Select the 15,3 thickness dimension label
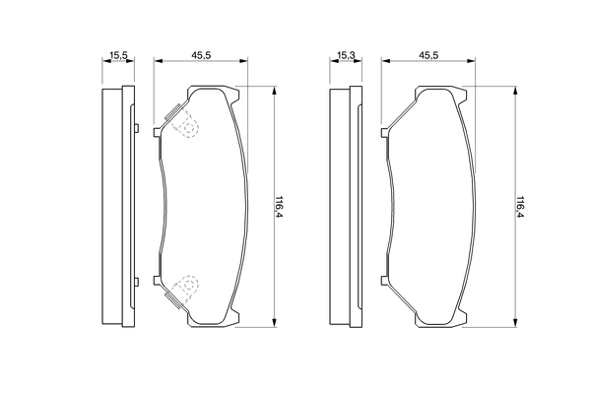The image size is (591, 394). pyautogui.click(x=345, y=55)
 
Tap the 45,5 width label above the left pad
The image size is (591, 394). pyautogui.click(x=202, y=55)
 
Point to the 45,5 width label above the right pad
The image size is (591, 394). pyautogui.click(x=428, y=55)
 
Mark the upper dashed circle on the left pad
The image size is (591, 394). pyautogui.click(x=185, y=124)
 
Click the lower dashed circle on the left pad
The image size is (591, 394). pyautogui.click(x=185, y=287)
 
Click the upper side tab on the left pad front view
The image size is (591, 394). pyautogui.click(x=159, y=129)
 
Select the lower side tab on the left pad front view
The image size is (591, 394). pyautogui.click(x=159, y=287)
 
